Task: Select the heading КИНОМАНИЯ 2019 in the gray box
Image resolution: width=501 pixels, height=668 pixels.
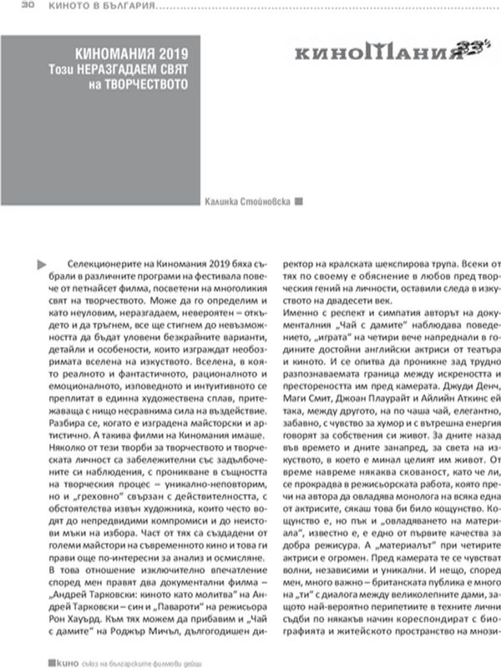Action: click(x=128, y=49)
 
